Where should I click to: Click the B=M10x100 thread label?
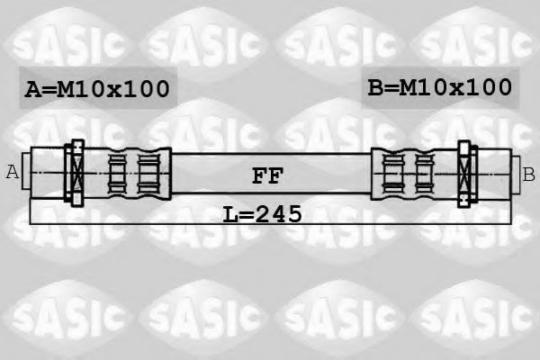tap(440, 87)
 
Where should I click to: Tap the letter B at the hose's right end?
tap(528, 172)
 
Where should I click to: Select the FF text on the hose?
tap(266, 175)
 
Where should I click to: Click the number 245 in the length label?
tap(280, 213)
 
